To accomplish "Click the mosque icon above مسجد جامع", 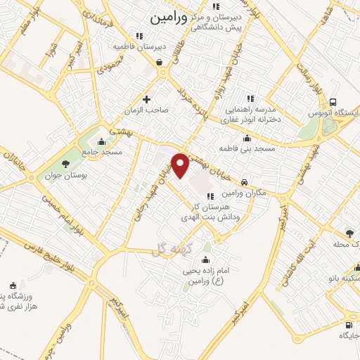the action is coord(103,140).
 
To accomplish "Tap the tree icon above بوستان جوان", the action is coord(65,163).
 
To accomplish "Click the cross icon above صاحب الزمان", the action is coord(146,99).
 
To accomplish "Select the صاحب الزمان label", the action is coord(146,111).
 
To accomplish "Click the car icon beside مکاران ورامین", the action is coord(244,180).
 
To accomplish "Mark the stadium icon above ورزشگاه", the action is coord(13,285).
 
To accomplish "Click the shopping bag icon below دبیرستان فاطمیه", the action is coord(161,62).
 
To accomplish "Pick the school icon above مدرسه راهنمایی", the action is coord(250,99).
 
